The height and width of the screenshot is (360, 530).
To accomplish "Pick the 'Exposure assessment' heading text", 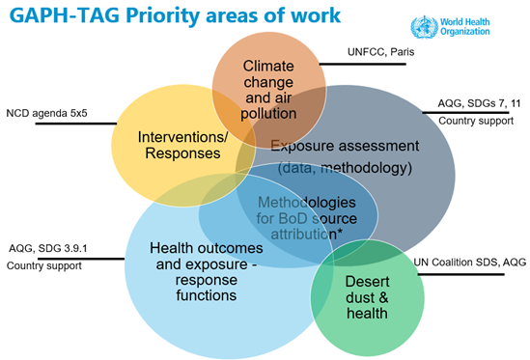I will (x=345, y=146).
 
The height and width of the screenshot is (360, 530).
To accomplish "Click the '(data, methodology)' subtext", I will (x=345, y=168).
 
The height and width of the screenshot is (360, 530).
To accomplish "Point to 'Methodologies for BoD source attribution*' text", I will (x=306, y=219).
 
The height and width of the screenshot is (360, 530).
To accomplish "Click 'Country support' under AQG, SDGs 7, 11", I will (x=470, y=122).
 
